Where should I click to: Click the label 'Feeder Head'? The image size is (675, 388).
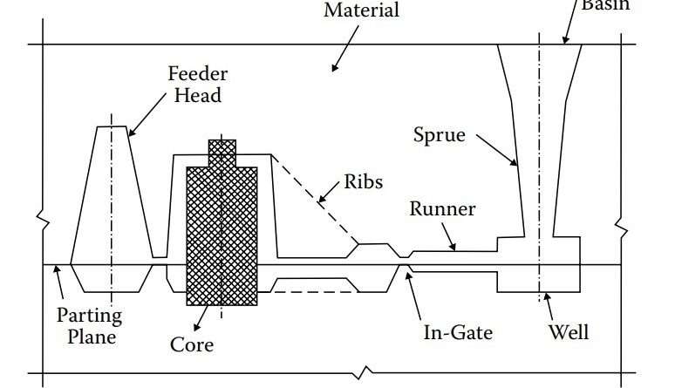click(x=194, y=84)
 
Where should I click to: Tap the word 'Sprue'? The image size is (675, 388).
click(x=439, y=135)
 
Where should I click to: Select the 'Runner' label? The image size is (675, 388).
click(x=443, y=209)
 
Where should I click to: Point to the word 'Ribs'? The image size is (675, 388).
click(x=363, y=181)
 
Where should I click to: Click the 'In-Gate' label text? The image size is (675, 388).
click(x=458, y=332)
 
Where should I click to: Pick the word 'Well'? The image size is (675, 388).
click(x=569, y=332)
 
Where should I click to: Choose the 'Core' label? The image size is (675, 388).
click(x=192, y=344)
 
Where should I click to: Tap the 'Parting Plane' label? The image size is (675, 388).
click(x=89, y=325)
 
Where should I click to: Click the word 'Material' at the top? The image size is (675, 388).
click(x=361, y=11)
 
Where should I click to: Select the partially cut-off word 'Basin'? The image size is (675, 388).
click(x=604, y=5)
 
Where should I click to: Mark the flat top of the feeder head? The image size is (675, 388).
click(x=111, y=126)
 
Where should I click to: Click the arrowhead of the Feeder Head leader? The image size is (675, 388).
click(x=129, y=136)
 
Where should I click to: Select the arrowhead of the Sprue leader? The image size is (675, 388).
click(x=518, y=165)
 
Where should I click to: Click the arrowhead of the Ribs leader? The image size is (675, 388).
click(x=318, y=202)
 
